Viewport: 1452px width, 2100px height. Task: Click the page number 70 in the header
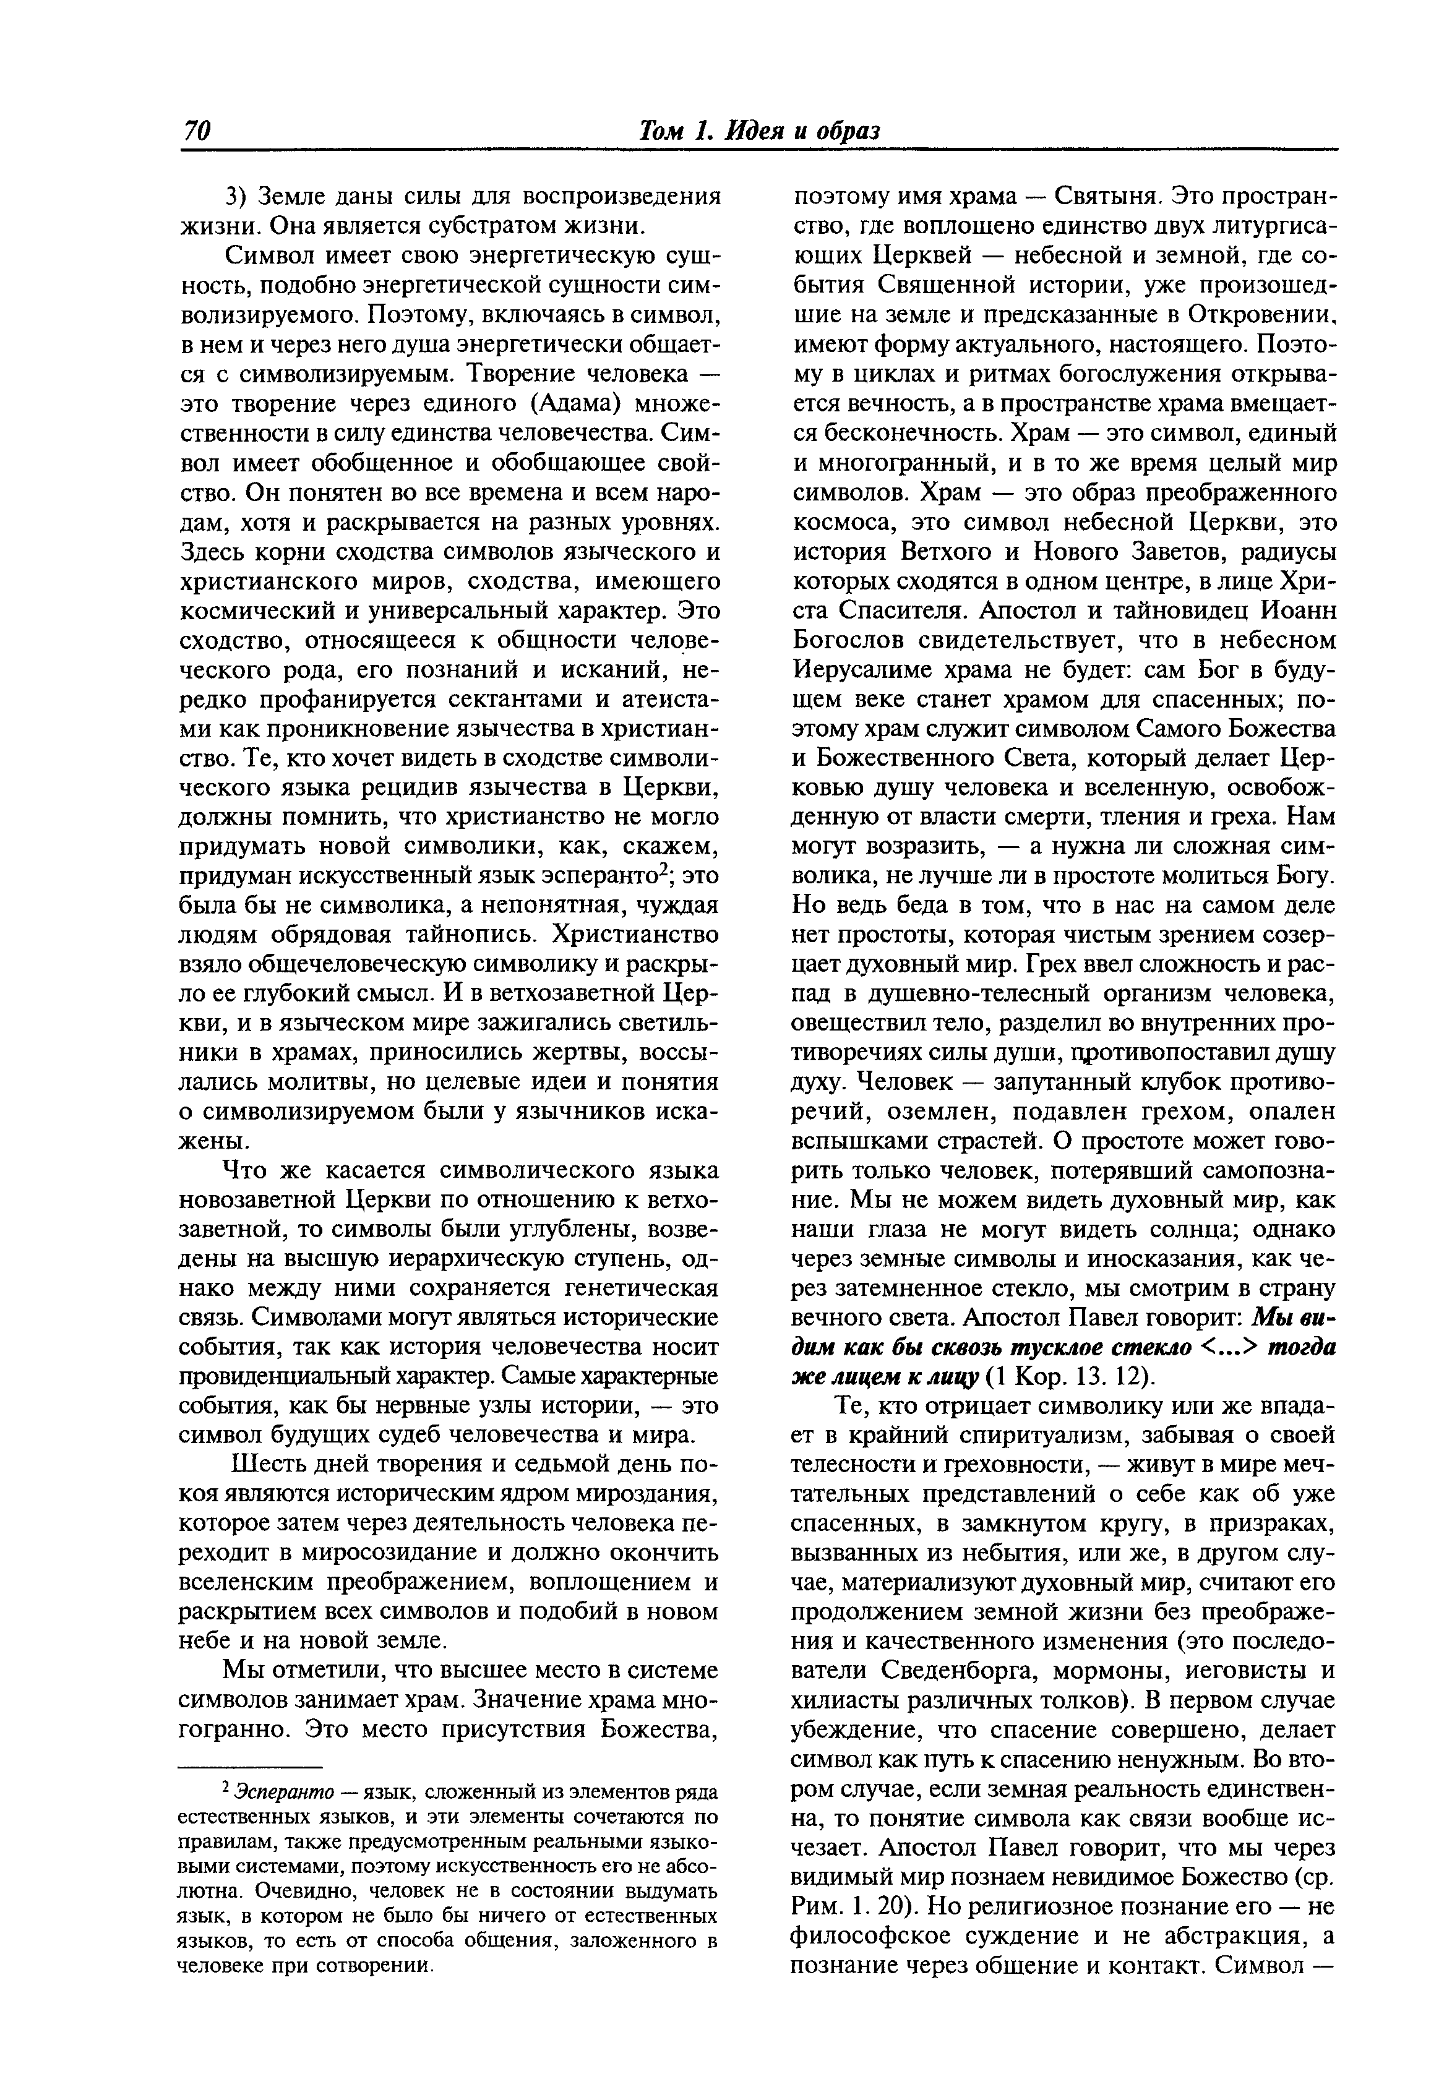[197, 131]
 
